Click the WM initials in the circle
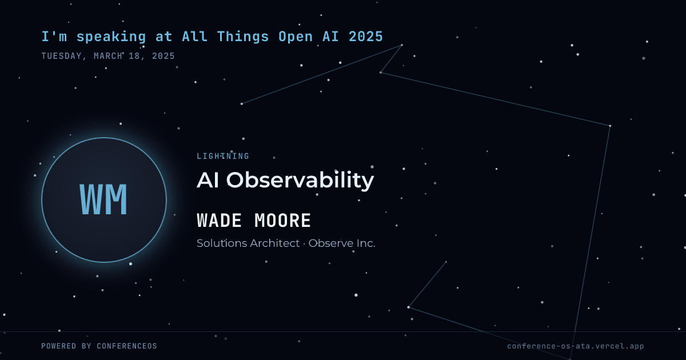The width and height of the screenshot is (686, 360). pyautogui.click(x=103, y=199)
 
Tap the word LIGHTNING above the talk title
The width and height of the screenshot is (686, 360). pyautogui.click(x=223, y=156)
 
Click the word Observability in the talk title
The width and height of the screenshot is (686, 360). pyautogui.click(x=300, y=181)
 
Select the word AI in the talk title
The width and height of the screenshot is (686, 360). pyautogui.click(x=208, y=180)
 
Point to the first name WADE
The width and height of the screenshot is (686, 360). pyautogui.click(x=219, y=221)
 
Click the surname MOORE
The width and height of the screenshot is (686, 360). pyautogui.click(x=282, y=221)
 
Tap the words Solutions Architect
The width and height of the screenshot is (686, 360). pyautogui.click(x=248, y=243)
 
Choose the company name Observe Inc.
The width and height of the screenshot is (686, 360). pyautogui.click(x=342, y=243)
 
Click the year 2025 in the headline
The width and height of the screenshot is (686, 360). pyautogui.click(x=366, y=37)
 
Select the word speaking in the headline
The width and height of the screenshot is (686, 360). pyautogui.click(x=111, y=37)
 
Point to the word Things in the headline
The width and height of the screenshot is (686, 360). pyautogui.click(x=243, y=37)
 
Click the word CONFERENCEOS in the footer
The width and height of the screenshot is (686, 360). pyautogui.click(x=127, y=346)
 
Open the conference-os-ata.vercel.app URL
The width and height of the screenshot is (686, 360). pyautogui.click(x=576, y=346)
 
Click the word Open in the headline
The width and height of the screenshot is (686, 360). pyautogui.click(x=296, y=37)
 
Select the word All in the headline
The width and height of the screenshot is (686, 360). pyautogui.click(x=195, y=37)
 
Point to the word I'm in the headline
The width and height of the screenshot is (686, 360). pyautogui.click(x=54, y=37)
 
